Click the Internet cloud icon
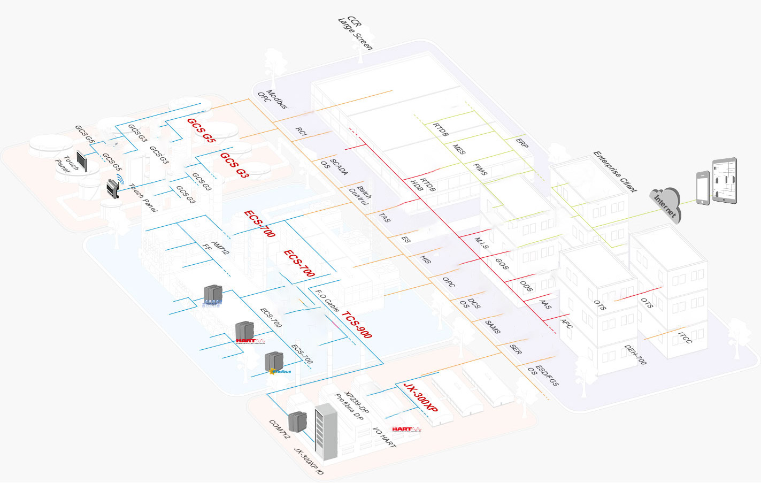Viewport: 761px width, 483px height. pos(666,204)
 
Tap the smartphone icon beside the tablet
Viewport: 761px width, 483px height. pos(703,187)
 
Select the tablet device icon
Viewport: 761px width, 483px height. pos(724,180)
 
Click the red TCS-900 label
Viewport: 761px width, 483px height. pos(357,325)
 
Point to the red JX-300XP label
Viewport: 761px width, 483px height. pos(420,397)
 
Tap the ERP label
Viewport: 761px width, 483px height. pos(522,143)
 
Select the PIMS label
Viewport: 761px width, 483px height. pos(480,169)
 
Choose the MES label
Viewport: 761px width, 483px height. pos(459,149)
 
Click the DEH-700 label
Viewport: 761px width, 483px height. pos(635,355)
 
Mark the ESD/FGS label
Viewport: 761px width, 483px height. pos(547,376)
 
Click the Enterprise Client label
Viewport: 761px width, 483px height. pos(615,171)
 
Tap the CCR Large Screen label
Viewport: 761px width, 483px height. pos(356,33)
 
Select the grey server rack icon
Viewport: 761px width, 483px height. pos(326,432)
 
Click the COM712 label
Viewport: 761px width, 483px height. pos(279,430)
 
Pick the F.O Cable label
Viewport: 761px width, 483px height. pos(327,301)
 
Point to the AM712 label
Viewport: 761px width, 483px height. pos(220,248)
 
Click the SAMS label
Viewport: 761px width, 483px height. pos(493,327)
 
